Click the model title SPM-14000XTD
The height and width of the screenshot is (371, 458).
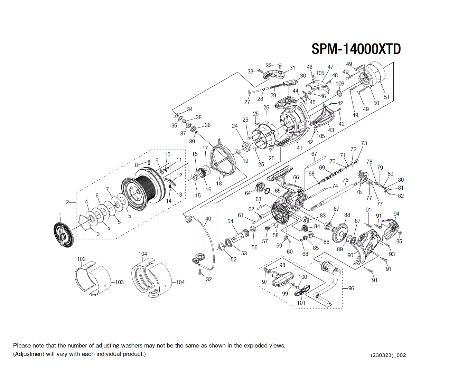356,49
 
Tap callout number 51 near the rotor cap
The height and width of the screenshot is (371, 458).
386,97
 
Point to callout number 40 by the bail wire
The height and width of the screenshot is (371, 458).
208,219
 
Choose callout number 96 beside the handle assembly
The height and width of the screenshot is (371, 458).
351,288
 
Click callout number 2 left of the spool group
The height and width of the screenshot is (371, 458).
68,202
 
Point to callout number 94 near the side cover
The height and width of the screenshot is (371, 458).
396,214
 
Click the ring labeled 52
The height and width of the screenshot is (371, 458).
221,247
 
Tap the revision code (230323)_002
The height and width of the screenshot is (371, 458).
388,355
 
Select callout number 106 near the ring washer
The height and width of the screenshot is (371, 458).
340,84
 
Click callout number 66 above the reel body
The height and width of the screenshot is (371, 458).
296,178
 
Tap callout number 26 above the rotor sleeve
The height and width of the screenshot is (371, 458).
266,107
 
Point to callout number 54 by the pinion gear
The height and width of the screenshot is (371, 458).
230,221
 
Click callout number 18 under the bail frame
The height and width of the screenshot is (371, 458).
219,183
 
